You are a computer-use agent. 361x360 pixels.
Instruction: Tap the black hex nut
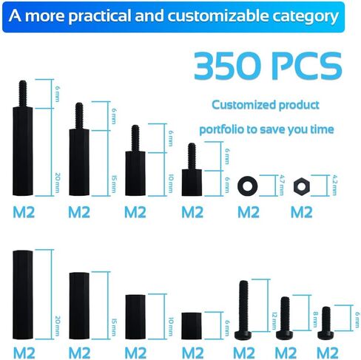point(302,186)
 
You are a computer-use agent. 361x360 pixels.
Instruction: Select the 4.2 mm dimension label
point(334,185)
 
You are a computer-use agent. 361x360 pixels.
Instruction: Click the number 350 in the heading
point(227,66)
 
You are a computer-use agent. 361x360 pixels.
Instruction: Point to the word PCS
point(306,66)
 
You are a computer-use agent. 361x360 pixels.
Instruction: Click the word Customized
point(243,105)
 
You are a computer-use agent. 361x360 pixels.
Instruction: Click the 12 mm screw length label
point(274,321)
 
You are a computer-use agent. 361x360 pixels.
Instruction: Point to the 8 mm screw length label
point(315,319)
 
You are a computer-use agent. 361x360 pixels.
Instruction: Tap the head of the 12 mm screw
point(243,335)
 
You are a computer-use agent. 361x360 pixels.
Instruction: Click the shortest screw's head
point(325,335)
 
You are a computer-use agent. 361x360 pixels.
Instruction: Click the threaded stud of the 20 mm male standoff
point(23,94)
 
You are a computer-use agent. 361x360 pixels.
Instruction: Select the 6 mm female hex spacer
point(192,326)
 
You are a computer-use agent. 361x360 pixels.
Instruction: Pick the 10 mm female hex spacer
point(135,316)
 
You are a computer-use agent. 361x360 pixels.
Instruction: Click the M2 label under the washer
point(249,212)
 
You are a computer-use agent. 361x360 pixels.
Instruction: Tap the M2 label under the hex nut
point(302,212)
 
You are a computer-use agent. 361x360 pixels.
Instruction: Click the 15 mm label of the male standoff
point(114,184)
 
